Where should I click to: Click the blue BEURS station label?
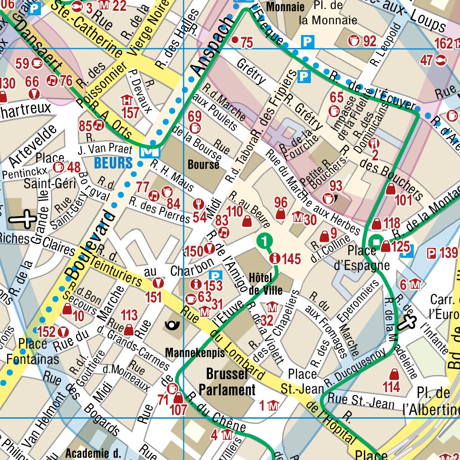(113, 163)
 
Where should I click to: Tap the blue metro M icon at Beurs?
(146, 152)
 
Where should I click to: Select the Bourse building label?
(203, 164)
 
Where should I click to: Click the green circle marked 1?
(265, 241)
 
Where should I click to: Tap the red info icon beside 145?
(275, 258)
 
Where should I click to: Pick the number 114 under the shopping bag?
(391, 386)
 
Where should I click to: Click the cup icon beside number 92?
(354, 41)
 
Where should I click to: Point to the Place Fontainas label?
(32, 352)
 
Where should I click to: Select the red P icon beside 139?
(431, 253)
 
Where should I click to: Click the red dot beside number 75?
(234, 40)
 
